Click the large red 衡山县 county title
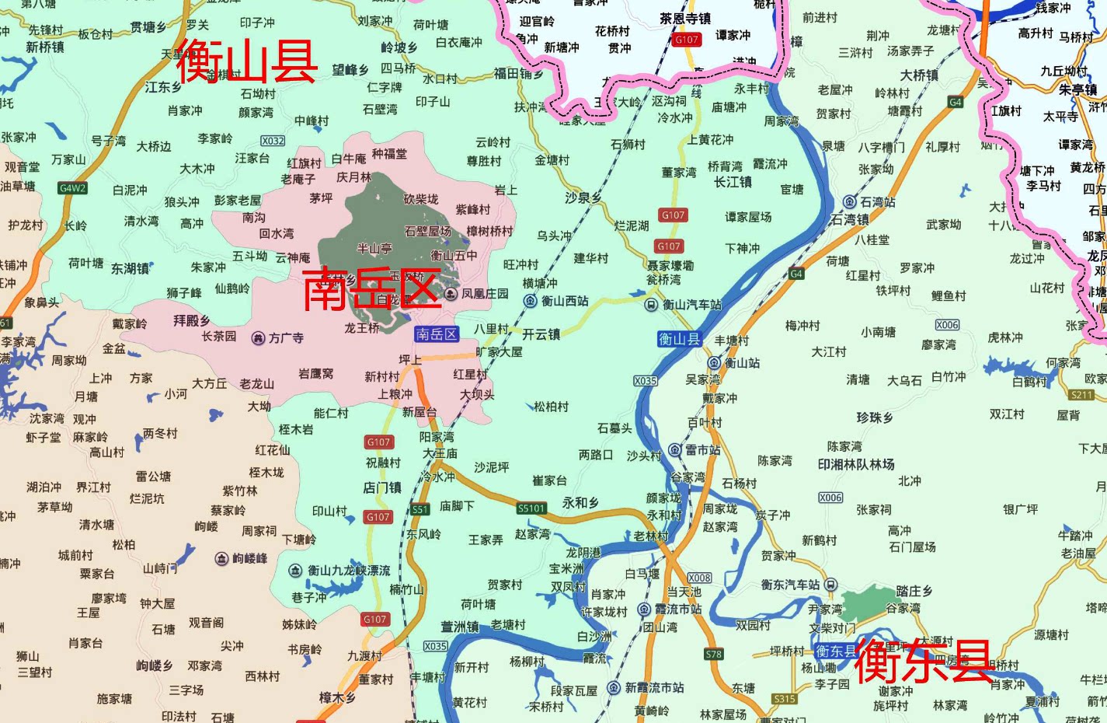click(x=247, y=61)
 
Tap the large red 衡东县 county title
click(x=924, y=662)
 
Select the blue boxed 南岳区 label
click(x=437, y=334)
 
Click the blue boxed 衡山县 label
click(x=680, y=339)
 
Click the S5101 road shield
click(x=531, y=508)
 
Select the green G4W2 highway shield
click(x=73, y=188)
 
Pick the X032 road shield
click(x=273, y=141)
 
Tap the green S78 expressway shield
click(x=713, y=654)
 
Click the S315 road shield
click(x=785, y=699)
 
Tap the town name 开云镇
click(x=541, y=334)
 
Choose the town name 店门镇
click(x=382, y=487)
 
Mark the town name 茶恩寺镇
click(x=685, y=18)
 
